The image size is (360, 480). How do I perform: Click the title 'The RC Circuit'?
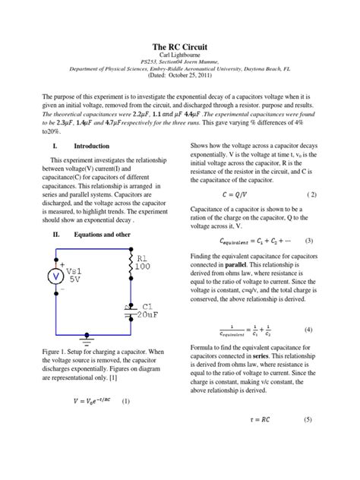click(180, 47)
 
